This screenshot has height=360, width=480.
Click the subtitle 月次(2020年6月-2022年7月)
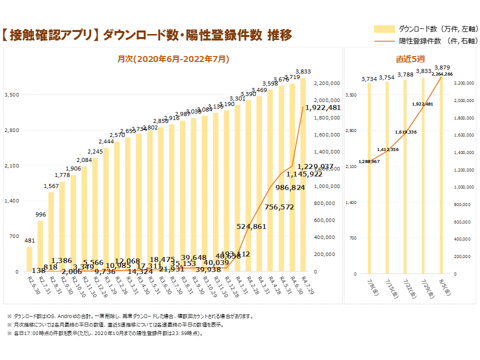[x=173, y=59]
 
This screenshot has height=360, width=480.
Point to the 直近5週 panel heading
[x=410, y=59]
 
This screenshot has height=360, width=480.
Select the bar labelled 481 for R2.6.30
[x=29, y=259]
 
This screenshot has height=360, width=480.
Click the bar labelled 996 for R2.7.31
[x=40, y=246]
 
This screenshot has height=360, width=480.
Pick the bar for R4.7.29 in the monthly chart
[x=303, y=175]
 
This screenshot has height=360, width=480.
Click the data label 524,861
[x=251, y=226]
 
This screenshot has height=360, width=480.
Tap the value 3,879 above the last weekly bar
[x=442, y=67]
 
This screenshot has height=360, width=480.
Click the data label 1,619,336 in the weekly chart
[x=405, y=132]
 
